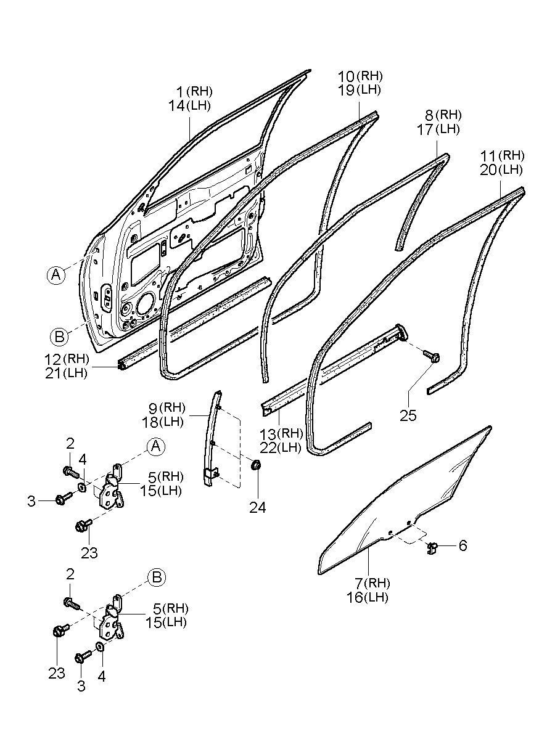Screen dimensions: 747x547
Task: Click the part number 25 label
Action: coord(408,415)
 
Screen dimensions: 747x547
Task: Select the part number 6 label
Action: coord(463,545)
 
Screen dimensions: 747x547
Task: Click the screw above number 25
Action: coord(430,355)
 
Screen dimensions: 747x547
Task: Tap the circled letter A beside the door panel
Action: coord(56,276)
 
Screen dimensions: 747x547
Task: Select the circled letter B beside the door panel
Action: coord(59,336)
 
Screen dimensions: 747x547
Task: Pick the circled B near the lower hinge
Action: coord(156,577)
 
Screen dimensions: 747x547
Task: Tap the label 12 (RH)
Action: coord(67,358)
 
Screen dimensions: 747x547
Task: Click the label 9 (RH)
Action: coord(170,407)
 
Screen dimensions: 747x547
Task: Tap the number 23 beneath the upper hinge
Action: coord(89,553)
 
